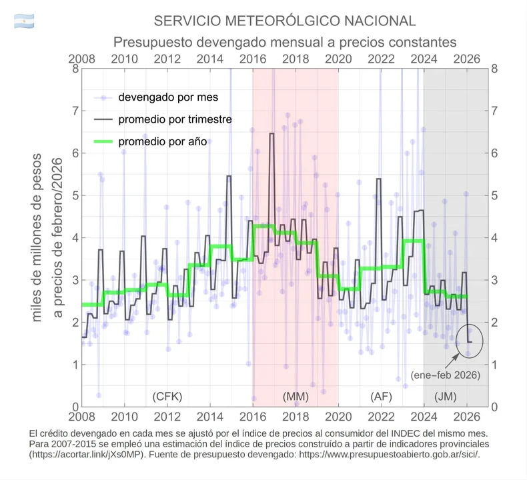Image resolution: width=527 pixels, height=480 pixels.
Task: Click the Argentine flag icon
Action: pyautogui.click(x=24, y=20)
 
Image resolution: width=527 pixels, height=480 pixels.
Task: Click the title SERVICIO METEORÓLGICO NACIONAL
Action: pyautogui.click(x=285, y=21)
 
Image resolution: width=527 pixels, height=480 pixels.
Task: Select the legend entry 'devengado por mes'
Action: pyautogui.click(x=168, y=97)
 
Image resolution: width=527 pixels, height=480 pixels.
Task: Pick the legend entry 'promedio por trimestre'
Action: pyautogui.click(x=175, y=120)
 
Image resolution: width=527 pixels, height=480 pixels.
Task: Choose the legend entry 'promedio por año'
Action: pyautogui.click(x=165, y=142)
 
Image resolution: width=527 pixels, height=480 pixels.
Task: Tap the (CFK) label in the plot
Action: pyautogui.click(x=167, y=396)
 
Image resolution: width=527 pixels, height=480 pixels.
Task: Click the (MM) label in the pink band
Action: pyautogui.click(x=296, y=396)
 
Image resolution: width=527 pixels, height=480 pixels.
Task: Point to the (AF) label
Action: pyautogui.click(x=381, y=396)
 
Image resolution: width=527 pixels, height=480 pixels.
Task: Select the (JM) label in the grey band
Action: pyautogui.click(x=446, y=396)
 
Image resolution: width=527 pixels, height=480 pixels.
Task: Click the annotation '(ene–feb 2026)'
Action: pyautogui.click(x=445, y=375)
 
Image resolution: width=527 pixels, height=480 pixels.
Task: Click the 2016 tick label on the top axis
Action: pyautogui.click(x=252, y=58)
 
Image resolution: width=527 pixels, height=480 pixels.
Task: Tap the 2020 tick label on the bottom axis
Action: pyautogui.click(x=338, y=417)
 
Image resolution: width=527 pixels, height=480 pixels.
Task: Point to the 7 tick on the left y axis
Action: pyautogui.click(x=75, y=111)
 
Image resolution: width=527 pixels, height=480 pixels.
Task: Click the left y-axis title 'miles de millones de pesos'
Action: pyautogui.click(x=37, y=237)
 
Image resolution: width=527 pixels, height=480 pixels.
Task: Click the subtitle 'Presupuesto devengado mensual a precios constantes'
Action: pyautogui.click(x=284, y=42)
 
